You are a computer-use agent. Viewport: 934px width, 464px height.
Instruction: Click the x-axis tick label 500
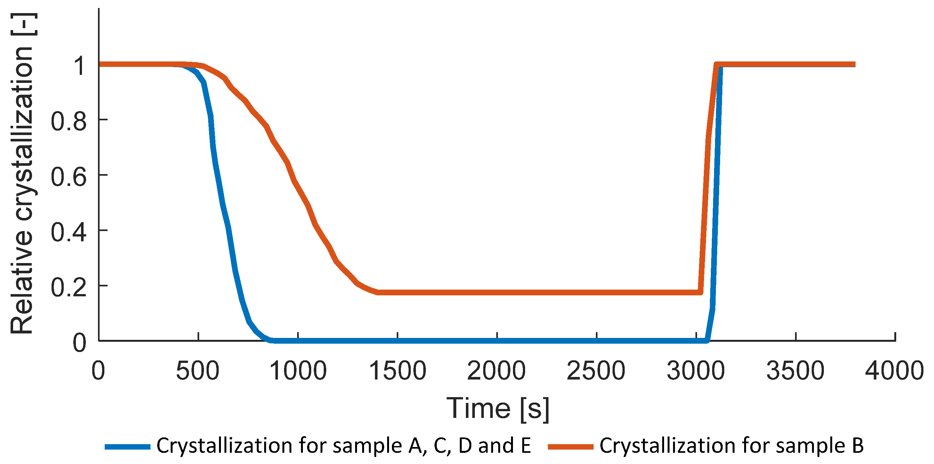pos(198,371)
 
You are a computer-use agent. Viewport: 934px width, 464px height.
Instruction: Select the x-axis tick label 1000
pos(298,371)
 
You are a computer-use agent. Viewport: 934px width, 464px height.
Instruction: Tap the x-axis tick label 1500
pos(397,371)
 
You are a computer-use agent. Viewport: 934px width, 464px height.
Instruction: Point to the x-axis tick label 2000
pos(496,371)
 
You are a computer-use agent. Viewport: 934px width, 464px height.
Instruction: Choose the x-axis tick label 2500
pos(596,371)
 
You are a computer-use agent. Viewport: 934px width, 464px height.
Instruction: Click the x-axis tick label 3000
pos(696,371)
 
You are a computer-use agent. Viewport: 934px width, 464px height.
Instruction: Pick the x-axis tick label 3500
pos(795,371)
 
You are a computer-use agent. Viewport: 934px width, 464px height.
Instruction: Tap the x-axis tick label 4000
pos(895,371)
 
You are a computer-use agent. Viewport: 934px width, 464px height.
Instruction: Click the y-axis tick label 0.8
pos(69,121)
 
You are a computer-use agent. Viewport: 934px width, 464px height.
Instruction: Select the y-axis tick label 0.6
pos(69,177)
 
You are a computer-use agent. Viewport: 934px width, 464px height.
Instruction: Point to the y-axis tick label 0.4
pos(69,232)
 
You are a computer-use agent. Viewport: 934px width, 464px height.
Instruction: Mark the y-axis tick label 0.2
pos(69,287)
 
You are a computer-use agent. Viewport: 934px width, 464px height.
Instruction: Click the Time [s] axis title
pos(498,409)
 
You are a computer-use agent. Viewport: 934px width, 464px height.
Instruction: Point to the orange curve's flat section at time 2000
pos(497,292)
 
